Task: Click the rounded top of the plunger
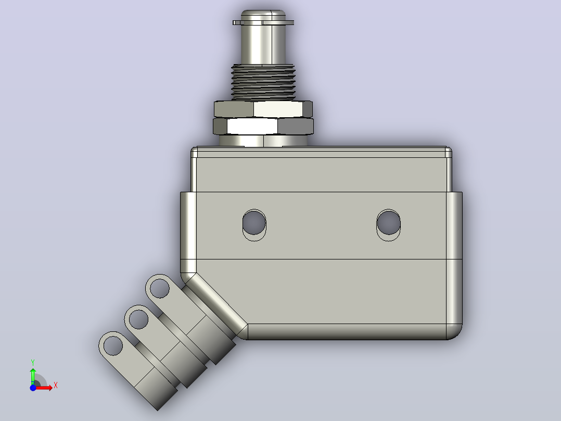click(x=263, y=15)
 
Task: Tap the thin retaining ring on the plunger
click(x=263, y=22)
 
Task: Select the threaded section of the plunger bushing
click(x=263, y=82)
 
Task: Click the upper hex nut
click(x=263, y=109)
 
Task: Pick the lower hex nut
click(x=263, y=126)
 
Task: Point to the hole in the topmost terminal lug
click(x=160, y=288)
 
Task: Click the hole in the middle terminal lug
click(x=138, y=319)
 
